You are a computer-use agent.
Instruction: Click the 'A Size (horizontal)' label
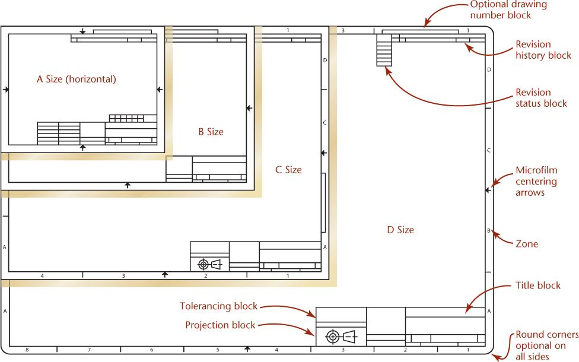[77, 79]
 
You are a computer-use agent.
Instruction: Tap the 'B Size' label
[211, 132]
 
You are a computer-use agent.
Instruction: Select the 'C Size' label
[288, 170]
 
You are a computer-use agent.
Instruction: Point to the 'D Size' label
[400, 230]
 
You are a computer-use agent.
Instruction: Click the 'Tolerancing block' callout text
[218, 306]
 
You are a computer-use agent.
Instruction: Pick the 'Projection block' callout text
[220, 325]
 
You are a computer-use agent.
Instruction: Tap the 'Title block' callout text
[538, 285]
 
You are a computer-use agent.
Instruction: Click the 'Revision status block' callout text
[541, 98]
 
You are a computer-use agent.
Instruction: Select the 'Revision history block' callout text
[543, 50]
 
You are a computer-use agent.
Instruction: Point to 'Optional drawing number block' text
[508, 10]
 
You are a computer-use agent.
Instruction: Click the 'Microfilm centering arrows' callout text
[536, 182]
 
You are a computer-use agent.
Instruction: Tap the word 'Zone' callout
[527, 244]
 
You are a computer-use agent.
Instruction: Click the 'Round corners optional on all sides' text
[547, 345]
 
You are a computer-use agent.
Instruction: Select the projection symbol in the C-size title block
[210, 265]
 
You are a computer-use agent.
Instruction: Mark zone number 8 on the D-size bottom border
[27, 350]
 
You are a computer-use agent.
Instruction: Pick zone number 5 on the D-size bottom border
[218, 350]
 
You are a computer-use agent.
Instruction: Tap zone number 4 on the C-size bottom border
[42, 275]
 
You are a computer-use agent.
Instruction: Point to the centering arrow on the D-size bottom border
[247, 349]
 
